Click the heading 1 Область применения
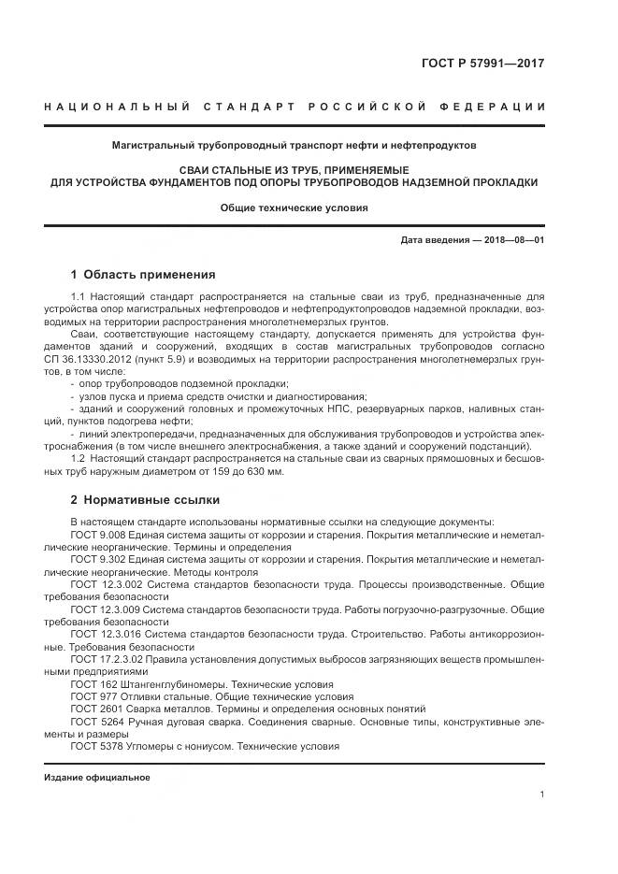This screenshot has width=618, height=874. point(143,275)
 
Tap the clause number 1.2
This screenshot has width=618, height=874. point(78,458)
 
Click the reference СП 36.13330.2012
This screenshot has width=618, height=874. point(90,359)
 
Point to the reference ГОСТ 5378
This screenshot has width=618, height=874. point(96,747)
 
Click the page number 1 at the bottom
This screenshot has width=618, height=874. point(542,794)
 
